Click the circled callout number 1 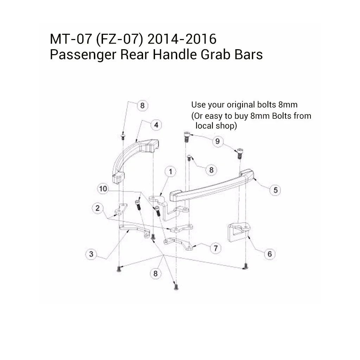(x=171, y=172)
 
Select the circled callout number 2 (x=97, y=208)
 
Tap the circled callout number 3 (x=91, y=254)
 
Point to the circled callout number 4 (x=156, y=125)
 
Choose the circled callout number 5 (x=275, y=190)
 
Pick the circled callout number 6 (x=270, y=254)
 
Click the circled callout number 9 (x=218, y=141)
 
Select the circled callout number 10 (x=103, y=189)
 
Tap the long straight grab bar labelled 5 (x=211, y=186)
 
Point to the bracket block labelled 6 (x=237, y=232)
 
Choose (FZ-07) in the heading (x=119, y=39)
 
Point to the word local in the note (x=204, y=126)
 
